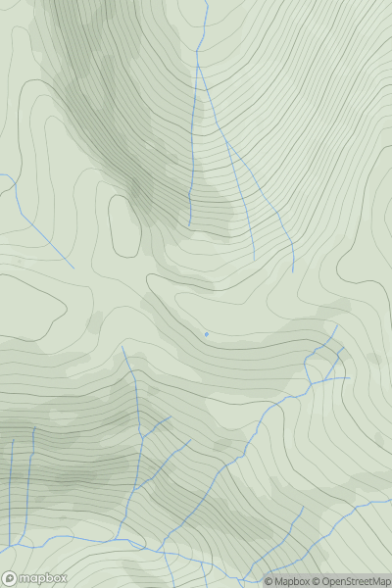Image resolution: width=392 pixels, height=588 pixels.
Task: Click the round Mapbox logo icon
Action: [x=10, y=579]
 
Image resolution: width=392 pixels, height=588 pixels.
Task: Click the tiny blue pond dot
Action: [x=206, y=334]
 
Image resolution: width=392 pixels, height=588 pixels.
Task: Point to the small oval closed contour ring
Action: [x=124, y=224]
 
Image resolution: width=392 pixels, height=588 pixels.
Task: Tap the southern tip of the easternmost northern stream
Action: [x=293, y=271]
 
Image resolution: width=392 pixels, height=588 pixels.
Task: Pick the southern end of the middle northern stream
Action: [x=254, y=258]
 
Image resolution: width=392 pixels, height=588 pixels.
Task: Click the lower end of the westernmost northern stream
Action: [x=190, y=225]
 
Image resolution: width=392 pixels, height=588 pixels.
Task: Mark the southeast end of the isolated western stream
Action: [x=73, y=268]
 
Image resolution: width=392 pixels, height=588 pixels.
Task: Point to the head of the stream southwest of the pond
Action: [x=122, y=345]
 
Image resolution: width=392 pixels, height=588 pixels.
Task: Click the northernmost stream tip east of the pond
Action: [x=336, y=326]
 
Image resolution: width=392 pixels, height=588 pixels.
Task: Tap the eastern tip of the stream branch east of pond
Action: [x=349, y=377]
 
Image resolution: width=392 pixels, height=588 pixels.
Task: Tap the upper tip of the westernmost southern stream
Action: [x=13, y=440]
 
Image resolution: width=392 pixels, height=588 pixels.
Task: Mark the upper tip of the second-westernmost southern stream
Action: [x=33, y=428]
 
